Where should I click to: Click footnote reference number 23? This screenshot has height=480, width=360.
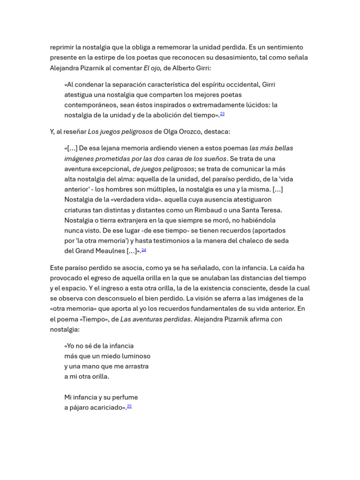[222, 114]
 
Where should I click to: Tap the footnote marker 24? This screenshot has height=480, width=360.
[143, 250]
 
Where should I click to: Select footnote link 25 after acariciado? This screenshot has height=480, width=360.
[129, 406]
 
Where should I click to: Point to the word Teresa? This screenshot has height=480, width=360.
[269, 210]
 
